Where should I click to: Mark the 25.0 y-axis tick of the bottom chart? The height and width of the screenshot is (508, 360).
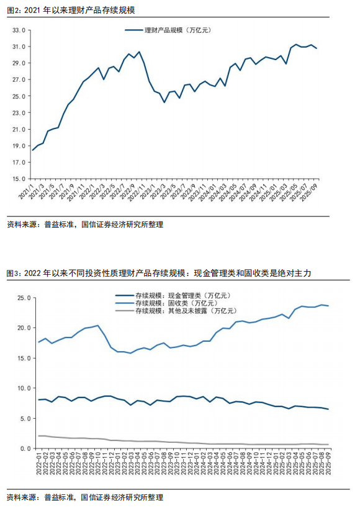click(x=22, y=298)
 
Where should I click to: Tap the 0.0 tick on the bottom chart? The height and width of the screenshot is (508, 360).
click(x=24, y=448)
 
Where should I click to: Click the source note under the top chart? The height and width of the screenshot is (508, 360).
click(x=84, y=225)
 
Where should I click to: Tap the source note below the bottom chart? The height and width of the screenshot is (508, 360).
click(x=84, y=497)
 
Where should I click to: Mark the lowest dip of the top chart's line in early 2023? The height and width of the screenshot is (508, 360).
click(x=164, y=102)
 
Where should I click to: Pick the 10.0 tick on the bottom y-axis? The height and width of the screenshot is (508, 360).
click(x=22, y=388)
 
